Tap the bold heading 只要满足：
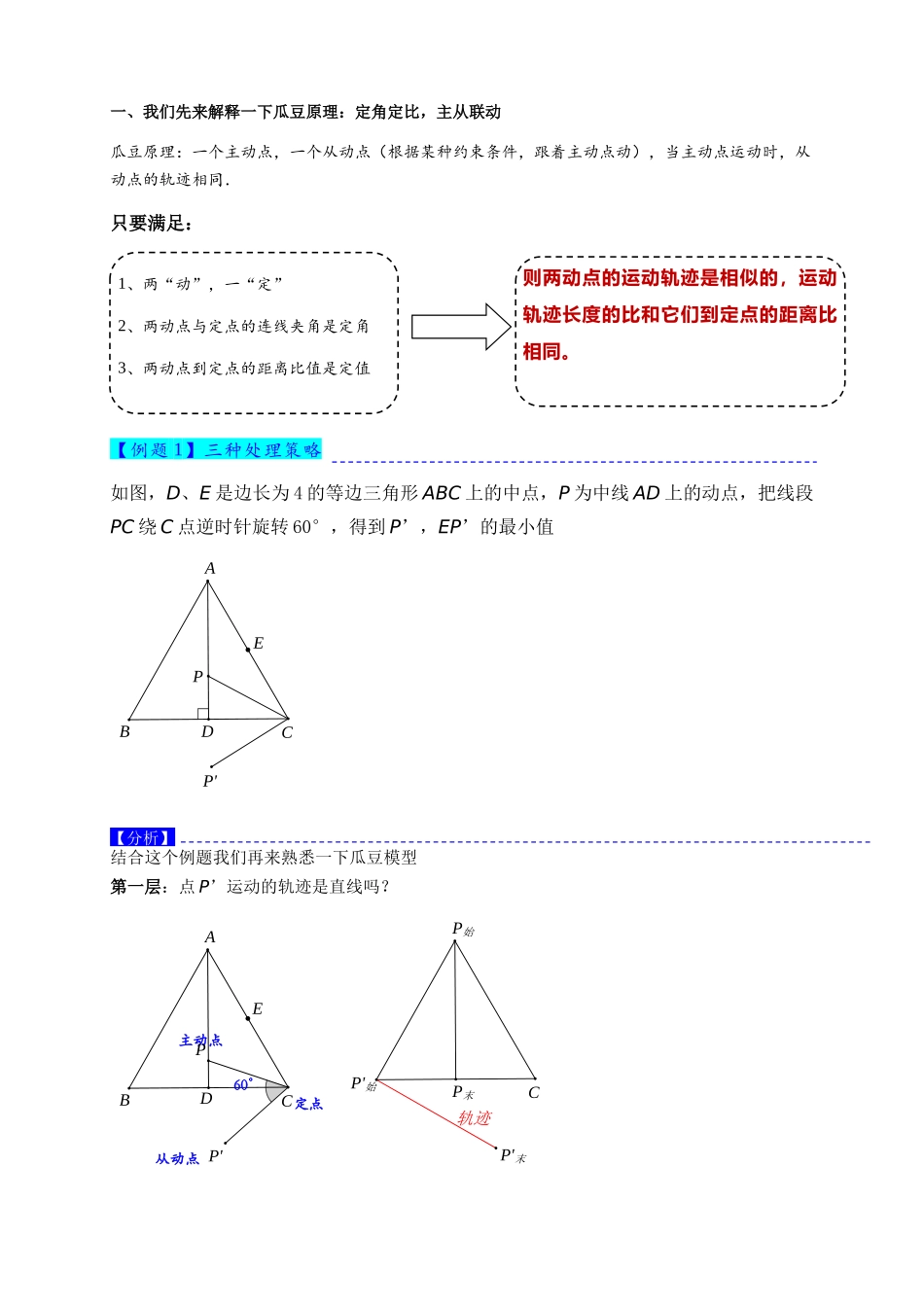152,224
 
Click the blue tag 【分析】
142,837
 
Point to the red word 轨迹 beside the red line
475,1118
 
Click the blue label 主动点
200,1041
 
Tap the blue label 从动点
177,1158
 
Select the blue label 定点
309,1104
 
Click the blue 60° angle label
243,1084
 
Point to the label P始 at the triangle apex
462,930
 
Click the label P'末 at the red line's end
513,1155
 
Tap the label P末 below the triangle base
462,1093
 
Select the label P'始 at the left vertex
363,1084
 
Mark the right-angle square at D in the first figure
203,714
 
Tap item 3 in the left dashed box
244,369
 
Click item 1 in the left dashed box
200,284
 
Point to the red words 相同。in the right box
547,352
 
